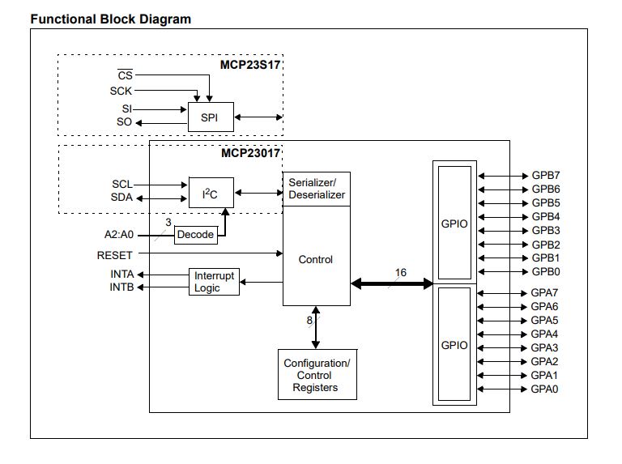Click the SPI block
pos(210,117)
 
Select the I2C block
pos(210,193)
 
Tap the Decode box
pos(195,235)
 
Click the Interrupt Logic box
pos(214,282)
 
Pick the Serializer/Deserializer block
pos(317,189)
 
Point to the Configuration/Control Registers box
pos(317,376)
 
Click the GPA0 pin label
pos(545,390)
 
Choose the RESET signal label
pos(115,255)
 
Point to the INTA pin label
pos(122,275)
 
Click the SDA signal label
pos(121,198)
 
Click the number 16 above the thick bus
pos(401,272)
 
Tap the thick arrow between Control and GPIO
pos(392,283)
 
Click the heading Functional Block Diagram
pos(111,19)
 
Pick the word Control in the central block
pos(316,260)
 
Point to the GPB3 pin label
pos(545,231)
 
